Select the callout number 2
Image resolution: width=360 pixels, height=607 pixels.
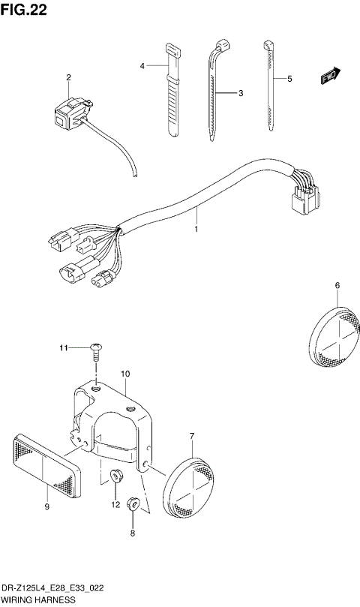(x=68, y=77)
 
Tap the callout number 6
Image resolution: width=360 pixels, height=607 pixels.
(x=337, y=285)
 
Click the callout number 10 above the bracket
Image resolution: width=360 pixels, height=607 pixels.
(x=125, y=373)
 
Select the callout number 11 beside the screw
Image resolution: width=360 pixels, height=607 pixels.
(x=64, y=347)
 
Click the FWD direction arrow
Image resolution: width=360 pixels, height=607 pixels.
(x=331, y=75)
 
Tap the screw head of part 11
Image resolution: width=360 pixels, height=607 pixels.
(x=96, y=347)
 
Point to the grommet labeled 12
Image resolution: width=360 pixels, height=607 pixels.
(x=115, y=476)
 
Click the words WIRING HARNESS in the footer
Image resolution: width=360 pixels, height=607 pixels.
(x=37, y=601)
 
